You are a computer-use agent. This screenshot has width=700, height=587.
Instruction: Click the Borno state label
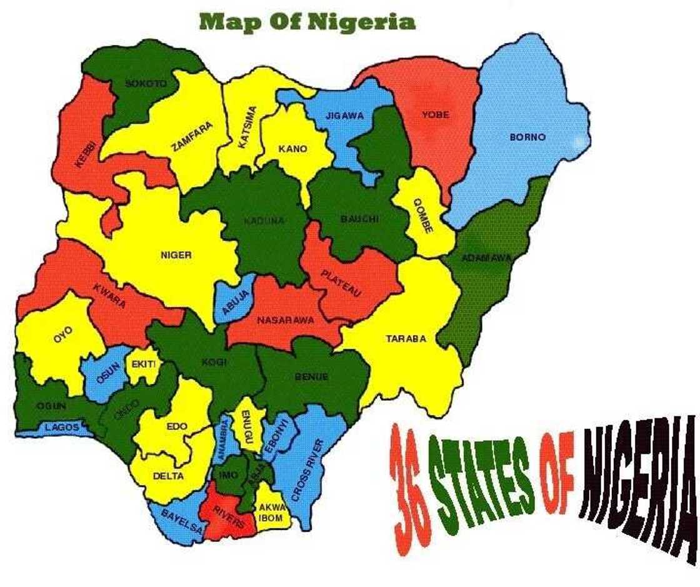tap(527, 137)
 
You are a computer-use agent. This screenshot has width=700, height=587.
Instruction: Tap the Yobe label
tap(436, 115)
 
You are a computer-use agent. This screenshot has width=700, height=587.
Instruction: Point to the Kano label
tap(292, 149)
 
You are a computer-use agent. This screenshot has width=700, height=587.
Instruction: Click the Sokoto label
tap(146, 83)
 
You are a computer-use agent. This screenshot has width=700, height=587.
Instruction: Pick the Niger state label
tap(176, 254)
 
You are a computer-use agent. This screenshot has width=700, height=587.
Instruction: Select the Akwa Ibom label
tap(271, 513)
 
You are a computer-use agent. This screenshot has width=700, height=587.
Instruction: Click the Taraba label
tap(406, 339)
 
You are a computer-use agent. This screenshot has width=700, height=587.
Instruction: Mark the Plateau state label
tap(341, 283)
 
